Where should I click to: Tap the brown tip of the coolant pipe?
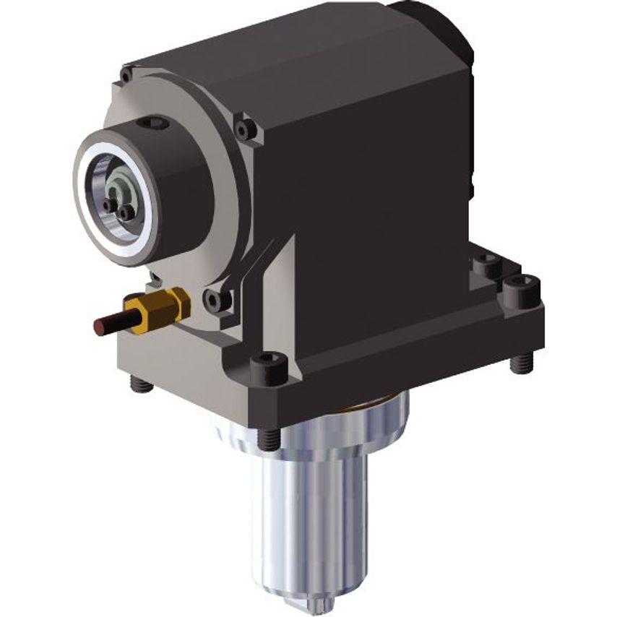101,327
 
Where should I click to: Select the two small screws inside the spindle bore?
119,210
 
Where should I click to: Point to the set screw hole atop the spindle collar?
153,124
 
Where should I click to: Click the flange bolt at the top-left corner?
127,74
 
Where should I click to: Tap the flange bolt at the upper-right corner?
246,129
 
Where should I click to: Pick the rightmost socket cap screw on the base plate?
522,288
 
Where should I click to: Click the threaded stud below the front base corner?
268,436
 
